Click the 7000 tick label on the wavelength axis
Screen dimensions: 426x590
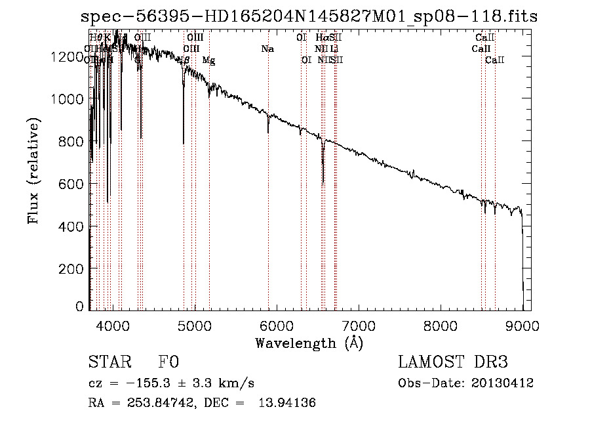coord(358,326)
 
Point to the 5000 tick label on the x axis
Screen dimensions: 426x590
coord(194,326)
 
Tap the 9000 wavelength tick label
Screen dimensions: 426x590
coord(522,326)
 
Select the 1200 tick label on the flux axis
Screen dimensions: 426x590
coord(66,57)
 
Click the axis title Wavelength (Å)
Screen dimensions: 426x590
coord(309,343)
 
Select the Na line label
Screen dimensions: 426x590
coord(267,49)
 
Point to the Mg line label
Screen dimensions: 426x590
coord(208,60)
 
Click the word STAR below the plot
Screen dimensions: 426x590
coord(109,363)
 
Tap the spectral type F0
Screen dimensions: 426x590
coord(168,363)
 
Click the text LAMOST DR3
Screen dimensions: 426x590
coord(453,363)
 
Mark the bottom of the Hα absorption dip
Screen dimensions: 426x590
coord(323,184)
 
